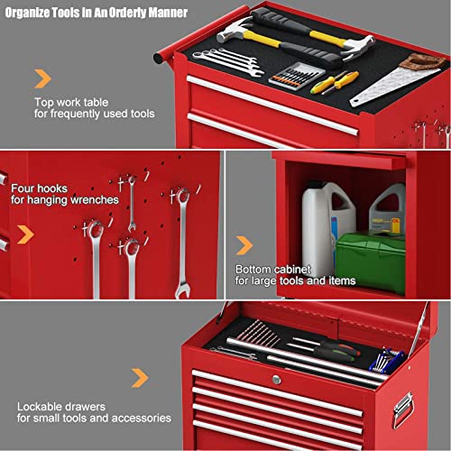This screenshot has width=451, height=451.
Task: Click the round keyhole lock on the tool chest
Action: [x=276, y=381]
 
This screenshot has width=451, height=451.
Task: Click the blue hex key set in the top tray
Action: [x=387, y=358]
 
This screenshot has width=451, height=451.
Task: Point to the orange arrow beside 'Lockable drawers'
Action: [x=139, y=378]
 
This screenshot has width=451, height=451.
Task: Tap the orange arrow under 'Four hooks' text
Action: [x=27, y=234]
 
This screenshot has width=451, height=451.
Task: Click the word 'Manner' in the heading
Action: [x=168, y=14]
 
